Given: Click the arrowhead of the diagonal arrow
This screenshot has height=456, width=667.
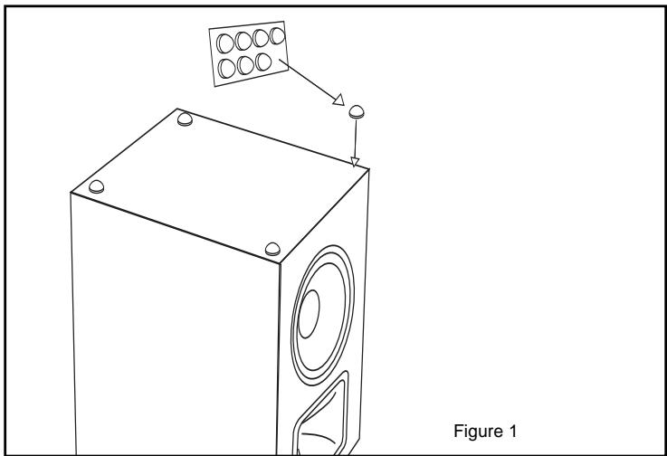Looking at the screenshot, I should [x=338, y=101].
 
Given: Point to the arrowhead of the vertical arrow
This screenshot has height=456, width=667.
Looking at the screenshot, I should [x=356, y=162].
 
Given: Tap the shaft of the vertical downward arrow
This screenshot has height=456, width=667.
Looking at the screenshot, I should [x=356, y=139].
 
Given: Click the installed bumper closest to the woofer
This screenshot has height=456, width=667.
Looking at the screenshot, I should [x=271, y=247].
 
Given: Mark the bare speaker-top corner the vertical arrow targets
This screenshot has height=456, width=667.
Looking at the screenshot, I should [x=357, y=169].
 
